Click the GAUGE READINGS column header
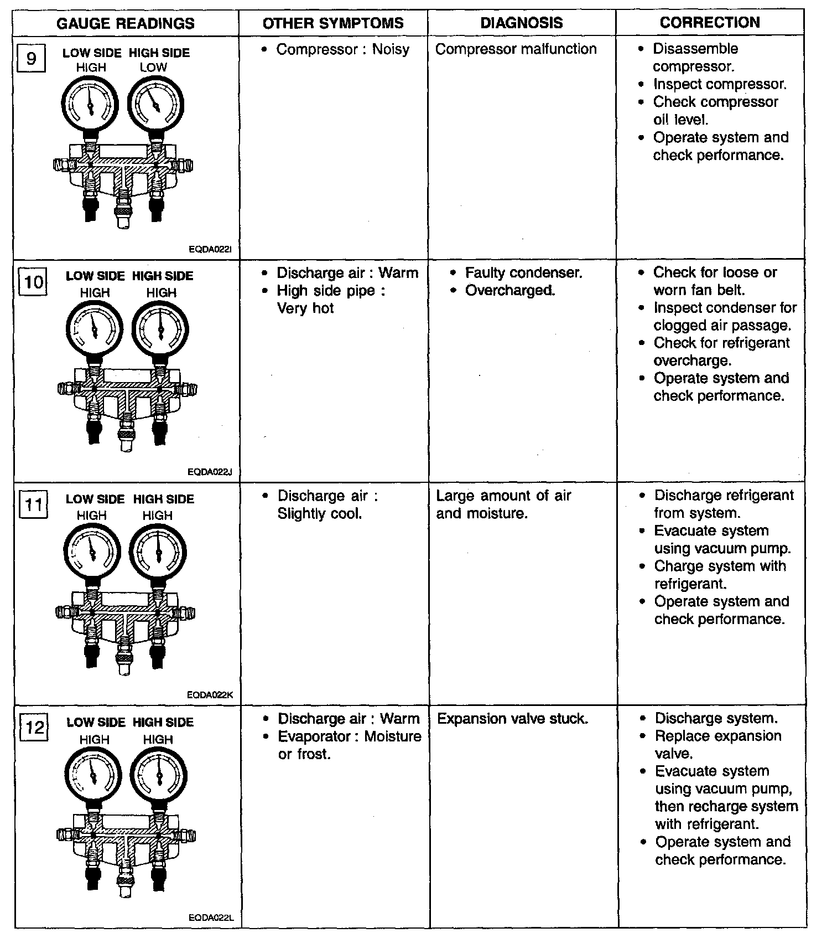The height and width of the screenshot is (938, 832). tap(126, 23)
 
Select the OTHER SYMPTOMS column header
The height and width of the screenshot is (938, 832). tap(333, 23)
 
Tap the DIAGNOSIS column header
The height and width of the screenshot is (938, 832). tap(521, 23)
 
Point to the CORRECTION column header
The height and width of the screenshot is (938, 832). tap(710, 23)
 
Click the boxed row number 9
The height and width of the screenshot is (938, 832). tap(31, 58)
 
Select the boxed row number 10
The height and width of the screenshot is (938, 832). tap(33, 282)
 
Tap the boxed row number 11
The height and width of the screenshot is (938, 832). tap(33, 505)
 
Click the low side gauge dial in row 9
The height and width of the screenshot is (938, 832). tap(90, 103)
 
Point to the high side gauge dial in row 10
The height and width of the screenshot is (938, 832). tap(160, 329)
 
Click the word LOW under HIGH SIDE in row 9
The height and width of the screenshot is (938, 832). tap(153, 68)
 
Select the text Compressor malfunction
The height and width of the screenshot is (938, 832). tap(516, 49)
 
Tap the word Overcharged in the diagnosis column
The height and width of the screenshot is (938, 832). tap(509, 291)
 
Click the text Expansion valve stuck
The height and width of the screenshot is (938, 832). tap(512, 719)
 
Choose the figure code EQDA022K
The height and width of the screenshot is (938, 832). tap(210, 694)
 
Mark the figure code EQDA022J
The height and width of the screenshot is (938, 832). tap(210, 472)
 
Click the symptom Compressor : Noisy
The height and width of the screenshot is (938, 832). tap(342, 49)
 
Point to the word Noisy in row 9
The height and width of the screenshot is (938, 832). tap(391, 49)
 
